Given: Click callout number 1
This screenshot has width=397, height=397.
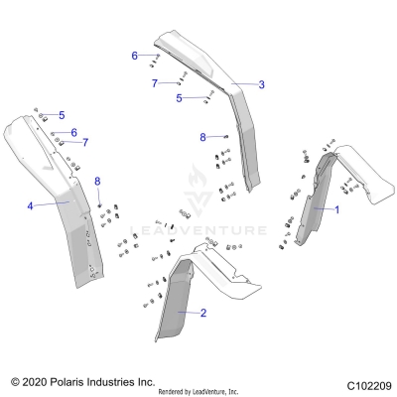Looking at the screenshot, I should pos(336,209).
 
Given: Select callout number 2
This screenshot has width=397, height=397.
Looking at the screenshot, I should pos(203,313).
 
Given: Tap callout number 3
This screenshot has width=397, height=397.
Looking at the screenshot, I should pos(261,85).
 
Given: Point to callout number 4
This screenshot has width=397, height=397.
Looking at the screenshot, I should pos(31,205).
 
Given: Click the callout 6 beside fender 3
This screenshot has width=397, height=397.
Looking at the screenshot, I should pos(135,56).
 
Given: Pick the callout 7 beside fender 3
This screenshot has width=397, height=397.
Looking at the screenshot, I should pos(155,83).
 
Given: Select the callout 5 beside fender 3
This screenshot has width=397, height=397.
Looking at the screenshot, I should pos(179,98).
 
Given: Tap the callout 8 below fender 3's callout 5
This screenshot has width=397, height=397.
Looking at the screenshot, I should pos(203,136).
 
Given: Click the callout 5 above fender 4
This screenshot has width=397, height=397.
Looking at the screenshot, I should pos(61,115).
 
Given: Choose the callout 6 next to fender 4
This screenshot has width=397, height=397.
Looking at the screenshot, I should pos(73,132).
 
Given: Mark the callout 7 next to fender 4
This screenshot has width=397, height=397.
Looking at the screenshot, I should pos(85,143).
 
